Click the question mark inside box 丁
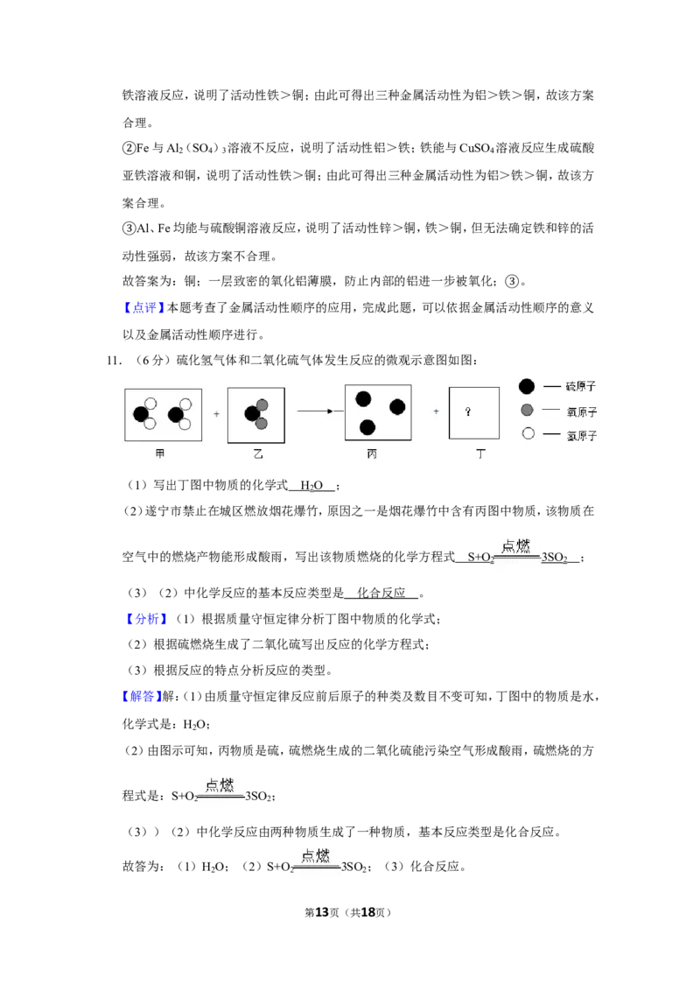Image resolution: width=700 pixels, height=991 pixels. point(467,411)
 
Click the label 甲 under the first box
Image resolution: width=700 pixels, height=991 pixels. point(160,453)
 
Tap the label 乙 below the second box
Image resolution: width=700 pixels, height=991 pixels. point(258,453)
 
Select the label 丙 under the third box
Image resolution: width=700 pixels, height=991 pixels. point(372,453)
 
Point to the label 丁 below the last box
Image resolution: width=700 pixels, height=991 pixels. point(480,453)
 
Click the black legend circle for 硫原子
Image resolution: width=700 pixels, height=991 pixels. point(526,386)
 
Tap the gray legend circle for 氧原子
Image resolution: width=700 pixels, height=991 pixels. point(527,411)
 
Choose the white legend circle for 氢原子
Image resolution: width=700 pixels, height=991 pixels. point(528,433)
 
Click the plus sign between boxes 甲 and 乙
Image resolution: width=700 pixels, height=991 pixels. point(216,414)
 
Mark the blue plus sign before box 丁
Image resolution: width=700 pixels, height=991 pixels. point(436,411)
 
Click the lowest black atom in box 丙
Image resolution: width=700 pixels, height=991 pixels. point(367,428)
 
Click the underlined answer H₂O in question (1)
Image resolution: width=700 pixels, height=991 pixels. point(311,485)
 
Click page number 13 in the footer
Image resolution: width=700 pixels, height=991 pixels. point(322,912)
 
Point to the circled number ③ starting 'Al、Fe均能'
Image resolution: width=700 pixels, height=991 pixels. point(129,228)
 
